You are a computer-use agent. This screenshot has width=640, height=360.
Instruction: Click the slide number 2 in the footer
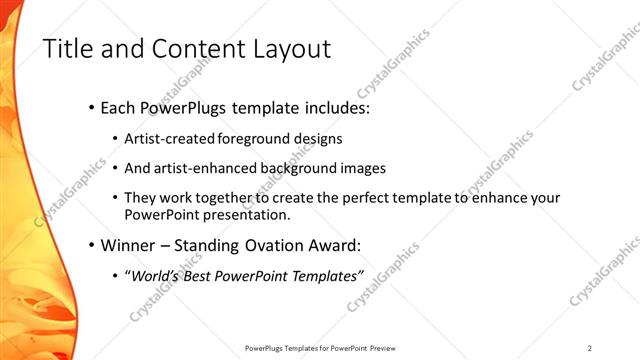pyautogui.click(x=590, y=348)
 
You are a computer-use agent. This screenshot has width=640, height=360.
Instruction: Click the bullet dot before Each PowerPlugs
pyautogui.click(x=92, y=106)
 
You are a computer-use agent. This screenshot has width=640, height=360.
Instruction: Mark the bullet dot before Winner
pyautogui.click(x=92, y=245)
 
